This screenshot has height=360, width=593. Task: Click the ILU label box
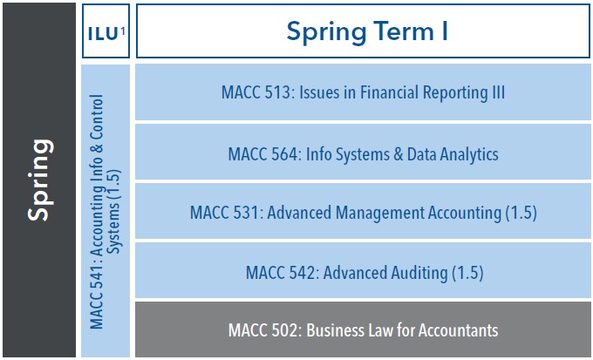(105, 33)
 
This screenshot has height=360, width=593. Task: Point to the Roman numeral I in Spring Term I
(444, 32)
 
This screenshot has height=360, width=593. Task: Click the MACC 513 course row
(364, 92)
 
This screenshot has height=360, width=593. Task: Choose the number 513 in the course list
(275, 92)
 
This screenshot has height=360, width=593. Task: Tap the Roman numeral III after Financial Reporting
(496, 92)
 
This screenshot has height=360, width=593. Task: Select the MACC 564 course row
(364, 153)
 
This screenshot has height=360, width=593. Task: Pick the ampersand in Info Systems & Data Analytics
(397, 153)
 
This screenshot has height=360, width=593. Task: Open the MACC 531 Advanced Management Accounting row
(364, 213)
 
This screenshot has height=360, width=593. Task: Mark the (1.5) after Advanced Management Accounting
(521, 213)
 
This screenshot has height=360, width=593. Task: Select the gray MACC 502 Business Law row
(364, 330)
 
